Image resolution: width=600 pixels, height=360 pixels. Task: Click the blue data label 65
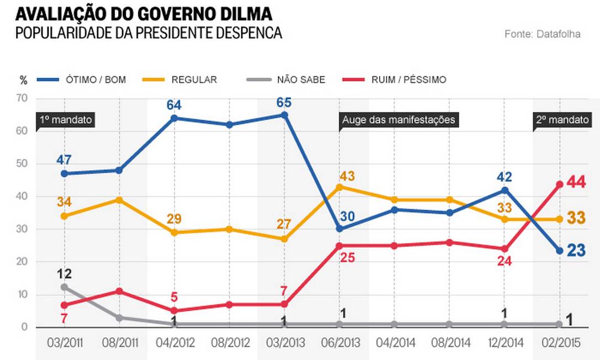(x=284, y=103)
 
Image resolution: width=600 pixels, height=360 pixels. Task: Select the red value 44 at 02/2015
(x=576, y=182)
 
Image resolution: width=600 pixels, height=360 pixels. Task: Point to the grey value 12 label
(x=64, y=274)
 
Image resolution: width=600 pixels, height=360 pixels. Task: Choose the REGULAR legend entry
(x=193, y=80)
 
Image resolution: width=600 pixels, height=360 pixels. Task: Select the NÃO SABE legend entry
(x=301, y=80)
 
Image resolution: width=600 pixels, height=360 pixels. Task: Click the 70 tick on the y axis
(x=22, y=99)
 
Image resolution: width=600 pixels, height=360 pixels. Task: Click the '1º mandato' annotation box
(x=65, y=119)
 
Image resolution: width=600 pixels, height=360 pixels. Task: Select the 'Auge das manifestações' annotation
(x=398, y=119)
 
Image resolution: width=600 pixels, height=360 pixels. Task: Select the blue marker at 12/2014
(x=504, y=190)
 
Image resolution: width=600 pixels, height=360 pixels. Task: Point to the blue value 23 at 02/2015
(x=576, y=251)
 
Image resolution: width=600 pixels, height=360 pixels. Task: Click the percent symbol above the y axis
(x=23, y=81)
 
